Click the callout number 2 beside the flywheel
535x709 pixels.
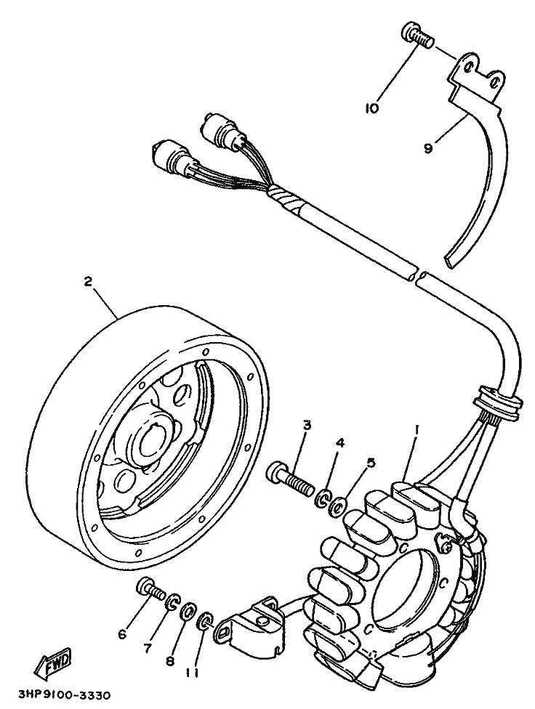88,282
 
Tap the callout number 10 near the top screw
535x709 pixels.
372,109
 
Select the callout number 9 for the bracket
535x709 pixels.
428,148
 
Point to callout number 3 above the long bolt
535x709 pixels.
307,424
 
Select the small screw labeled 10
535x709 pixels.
415,36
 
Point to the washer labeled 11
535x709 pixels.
205,620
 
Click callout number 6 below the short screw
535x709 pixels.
122,634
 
